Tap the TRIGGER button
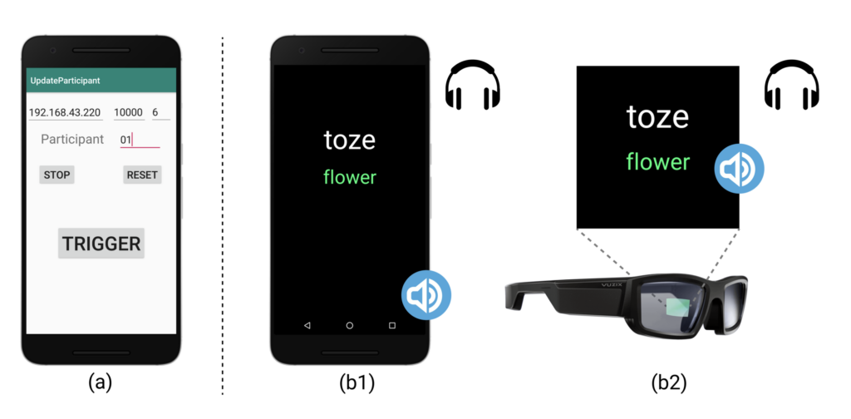pyautogui.click(x=101, y=244)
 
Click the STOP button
pyautogui.click(x=57, y=175)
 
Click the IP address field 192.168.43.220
pyautogui.click(x=65, y=112)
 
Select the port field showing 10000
pyautogui.click(x=129, y=112)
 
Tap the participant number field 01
pyautogui.click(x=138, y=140)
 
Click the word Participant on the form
pyautogui.click(x=72, y=139)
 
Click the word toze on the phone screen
pyautogui.click(x=350, y=140)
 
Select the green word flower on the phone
pyautogui.click(x=350, y=177)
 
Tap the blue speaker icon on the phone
pyautogui.click(x=426, y=294)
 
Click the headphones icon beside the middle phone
pyautogui.click(x=473, y=87)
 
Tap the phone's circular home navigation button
pyautogui.click(x=350, y=325)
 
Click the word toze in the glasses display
pyautogui.click(x=657, y=117)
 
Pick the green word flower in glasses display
pyautogui.click(x=657, y=161)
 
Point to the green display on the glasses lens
pyautogui.click(x=678, y=307)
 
